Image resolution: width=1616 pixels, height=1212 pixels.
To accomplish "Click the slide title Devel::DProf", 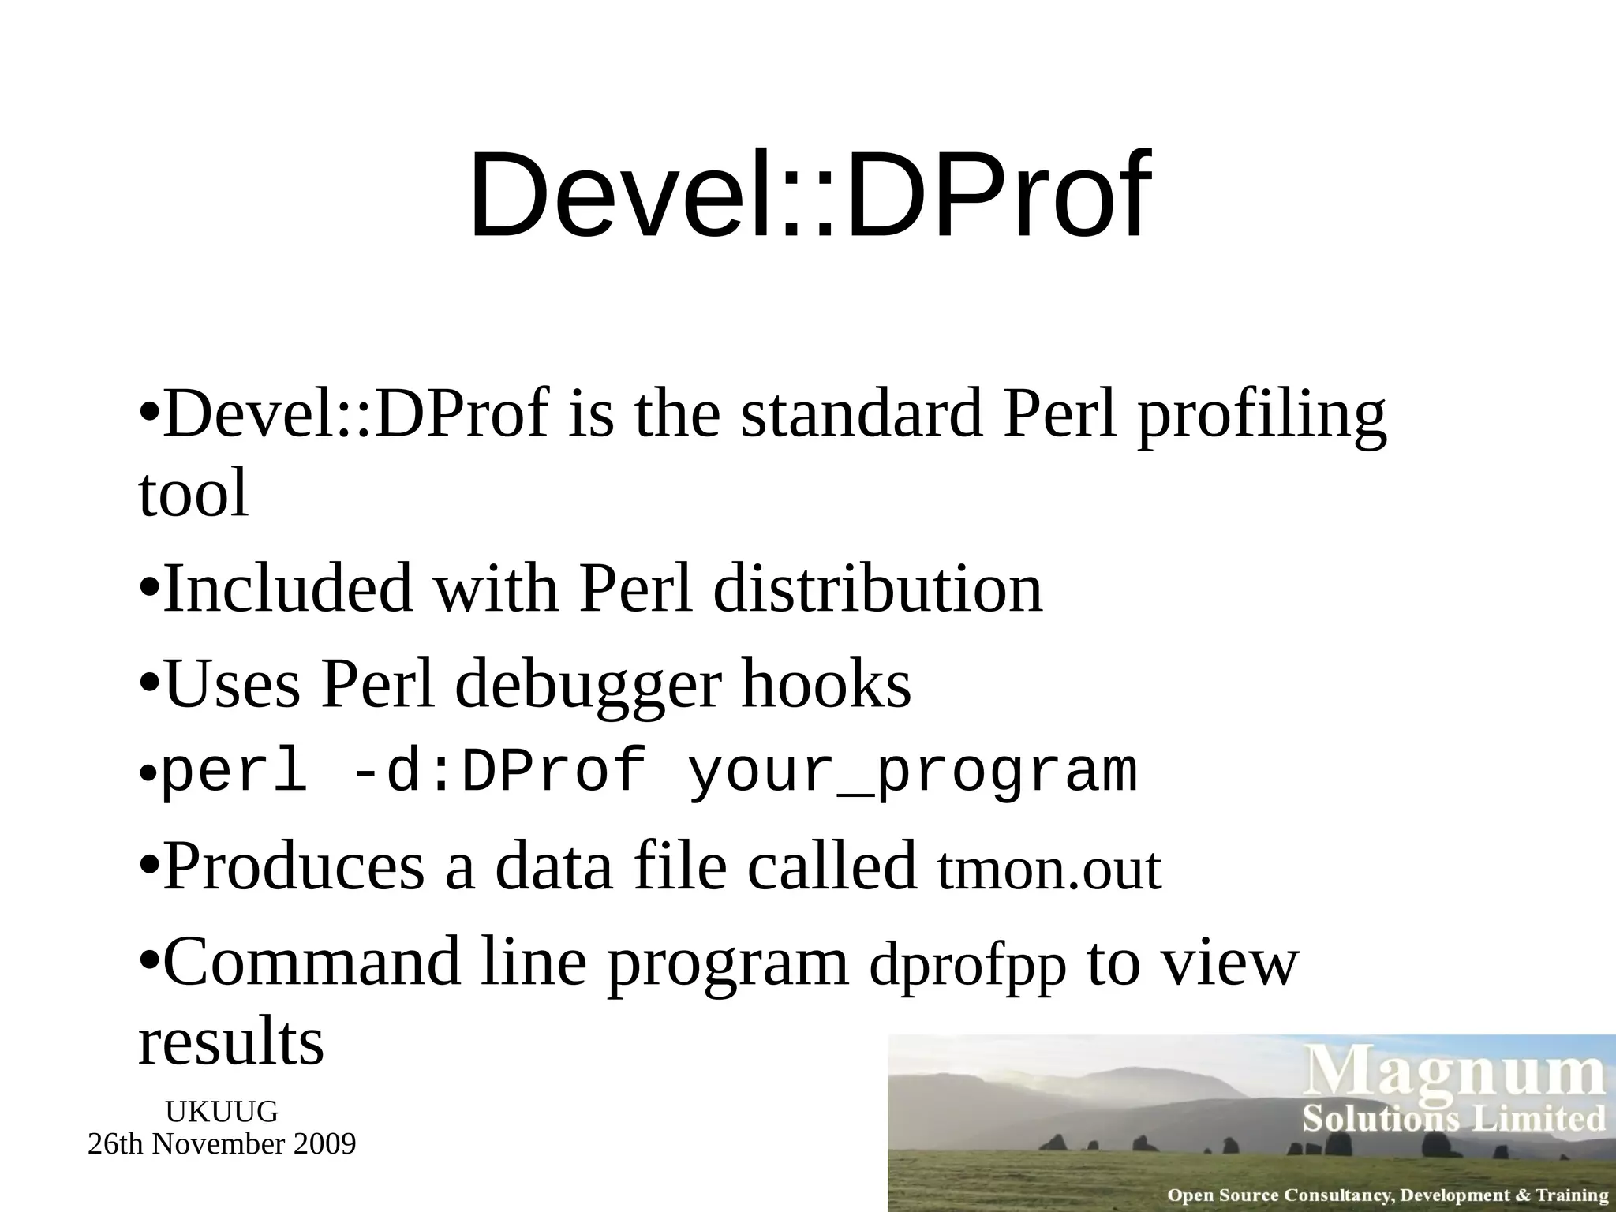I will tap(809, 195).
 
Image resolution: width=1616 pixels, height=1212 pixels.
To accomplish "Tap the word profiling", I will tap(1261, 417).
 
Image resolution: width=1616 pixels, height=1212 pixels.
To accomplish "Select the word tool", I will tap(193, 493).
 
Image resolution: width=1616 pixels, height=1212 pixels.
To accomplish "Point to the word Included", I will tap(287, 588).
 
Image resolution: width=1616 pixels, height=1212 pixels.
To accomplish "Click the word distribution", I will tap(877, 588).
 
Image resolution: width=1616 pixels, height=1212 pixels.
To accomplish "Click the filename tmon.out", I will tap(1049, 870).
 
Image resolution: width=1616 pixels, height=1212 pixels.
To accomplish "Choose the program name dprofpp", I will tap(967, 967).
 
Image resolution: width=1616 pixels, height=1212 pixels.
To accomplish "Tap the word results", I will tap(230, 1042).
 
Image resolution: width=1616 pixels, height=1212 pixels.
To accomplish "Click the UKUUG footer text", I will tap(222, 1112).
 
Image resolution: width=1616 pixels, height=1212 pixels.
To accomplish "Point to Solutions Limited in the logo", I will tap(1453, 1119).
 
